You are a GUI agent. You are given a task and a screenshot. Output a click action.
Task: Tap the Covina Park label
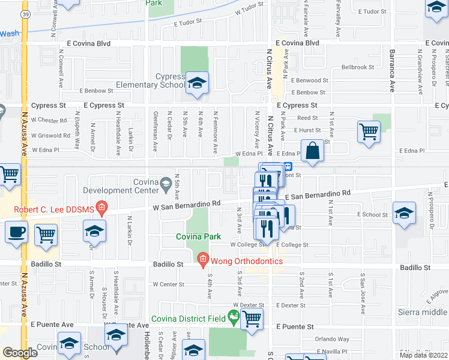[198, 236]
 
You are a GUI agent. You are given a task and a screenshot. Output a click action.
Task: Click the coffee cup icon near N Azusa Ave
[16, 232]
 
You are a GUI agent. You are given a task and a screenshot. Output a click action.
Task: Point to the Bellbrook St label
[358, 68]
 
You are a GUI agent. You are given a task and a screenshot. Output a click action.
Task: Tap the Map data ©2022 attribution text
[423, 355]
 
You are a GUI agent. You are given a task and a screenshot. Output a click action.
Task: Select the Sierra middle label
[423, 312]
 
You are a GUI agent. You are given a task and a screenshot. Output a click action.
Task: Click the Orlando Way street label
[333, 339]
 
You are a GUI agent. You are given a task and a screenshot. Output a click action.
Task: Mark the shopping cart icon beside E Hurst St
[369, 131]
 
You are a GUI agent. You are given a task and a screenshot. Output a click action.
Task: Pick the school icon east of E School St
[404, 213]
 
